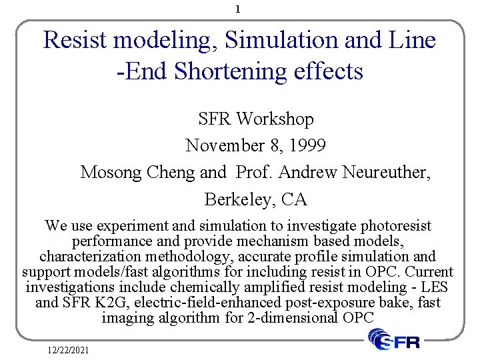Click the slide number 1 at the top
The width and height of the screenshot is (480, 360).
pyautogui.click(x=238, y=10)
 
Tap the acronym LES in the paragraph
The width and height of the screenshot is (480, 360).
pyautogui.click(x=435, y=287)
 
